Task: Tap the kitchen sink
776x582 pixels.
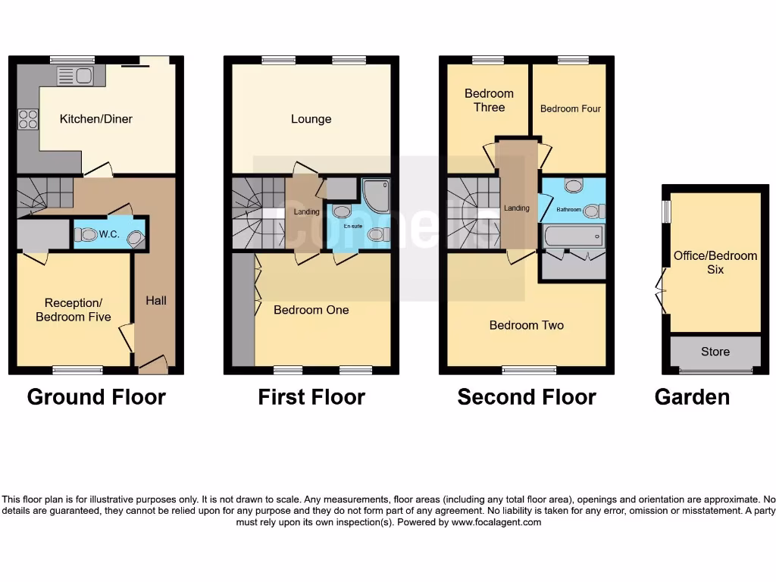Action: point(74,75)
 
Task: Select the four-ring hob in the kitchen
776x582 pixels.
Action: point(28,120)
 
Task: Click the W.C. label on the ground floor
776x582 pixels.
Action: point(109,235)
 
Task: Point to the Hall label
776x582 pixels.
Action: point(156,301)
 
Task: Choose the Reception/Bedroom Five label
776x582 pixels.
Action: point(74,310)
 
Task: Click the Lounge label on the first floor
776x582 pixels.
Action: point(311,119)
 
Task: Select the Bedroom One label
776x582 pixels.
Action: point(311,310)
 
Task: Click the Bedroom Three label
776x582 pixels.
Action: point(489,100)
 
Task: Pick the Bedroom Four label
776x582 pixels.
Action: point(570,109)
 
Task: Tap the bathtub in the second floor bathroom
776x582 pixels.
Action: point(574,236)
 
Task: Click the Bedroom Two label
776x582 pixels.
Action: point(527,325)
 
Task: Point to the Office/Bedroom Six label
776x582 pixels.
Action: point(715,262)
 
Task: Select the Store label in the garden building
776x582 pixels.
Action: point(715,352)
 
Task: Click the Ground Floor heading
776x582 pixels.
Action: point(96,396)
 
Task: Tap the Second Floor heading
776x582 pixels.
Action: point(527,396)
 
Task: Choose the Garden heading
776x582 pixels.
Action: point(692,396)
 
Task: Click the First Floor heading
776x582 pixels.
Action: point(311,396)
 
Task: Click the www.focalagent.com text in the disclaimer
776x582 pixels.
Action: point(496,522)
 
